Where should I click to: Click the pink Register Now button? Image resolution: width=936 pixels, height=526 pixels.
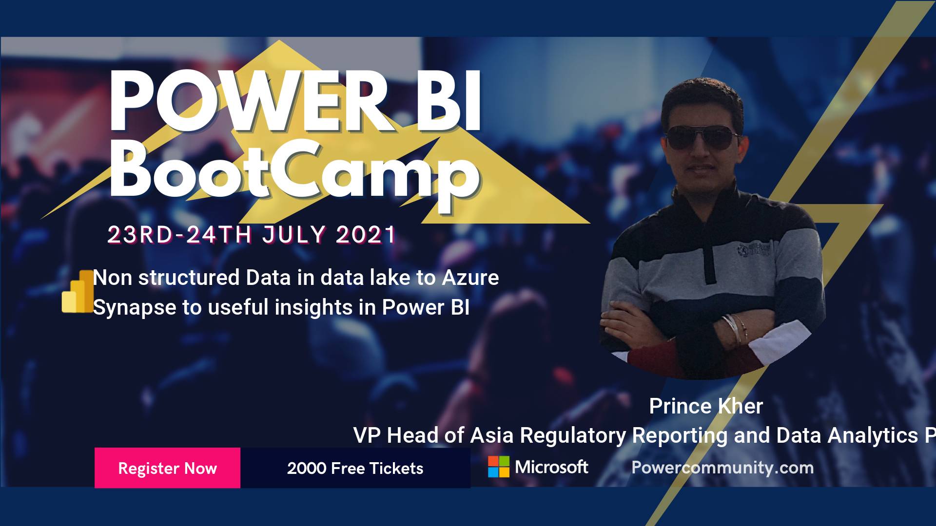coord(167,468)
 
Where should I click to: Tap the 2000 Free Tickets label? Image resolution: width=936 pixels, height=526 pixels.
coord(355,468)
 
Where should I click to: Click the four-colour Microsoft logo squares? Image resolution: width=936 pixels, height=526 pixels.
coord(499,467)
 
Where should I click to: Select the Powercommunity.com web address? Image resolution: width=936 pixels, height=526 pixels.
coord(722,468)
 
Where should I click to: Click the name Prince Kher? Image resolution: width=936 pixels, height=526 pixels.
coord(706,406)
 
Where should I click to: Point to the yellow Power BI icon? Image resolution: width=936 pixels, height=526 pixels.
coord(78,291)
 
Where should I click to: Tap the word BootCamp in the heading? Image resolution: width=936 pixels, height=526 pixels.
coord(294,171)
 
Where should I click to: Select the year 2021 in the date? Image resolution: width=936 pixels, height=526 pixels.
coord(366,235)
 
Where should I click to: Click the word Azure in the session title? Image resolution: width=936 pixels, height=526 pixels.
coord(470,278)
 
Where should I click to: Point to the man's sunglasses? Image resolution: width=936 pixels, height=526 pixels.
coord(702,138)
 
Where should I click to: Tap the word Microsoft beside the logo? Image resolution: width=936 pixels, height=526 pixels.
coord(552,467)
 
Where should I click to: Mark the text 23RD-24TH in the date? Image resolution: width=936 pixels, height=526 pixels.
coord(179,235)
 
